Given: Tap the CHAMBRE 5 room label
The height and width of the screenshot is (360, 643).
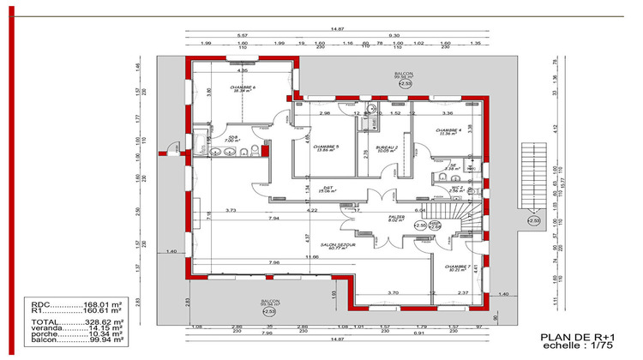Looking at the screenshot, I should [x=326, y=147].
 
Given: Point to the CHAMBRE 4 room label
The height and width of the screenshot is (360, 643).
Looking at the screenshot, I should [x=447, y=131].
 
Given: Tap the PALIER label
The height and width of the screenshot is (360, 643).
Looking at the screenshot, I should [x=395, y=218].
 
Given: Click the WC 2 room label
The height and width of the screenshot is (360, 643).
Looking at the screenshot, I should [x=457, y=189].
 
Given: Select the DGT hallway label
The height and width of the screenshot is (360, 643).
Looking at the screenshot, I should [x=327, y=189].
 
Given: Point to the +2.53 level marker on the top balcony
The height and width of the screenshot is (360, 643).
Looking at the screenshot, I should [x=405, y=84].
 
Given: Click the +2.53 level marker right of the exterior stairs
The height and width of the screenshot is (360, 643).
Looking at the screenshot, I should [x=533, y=221].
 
